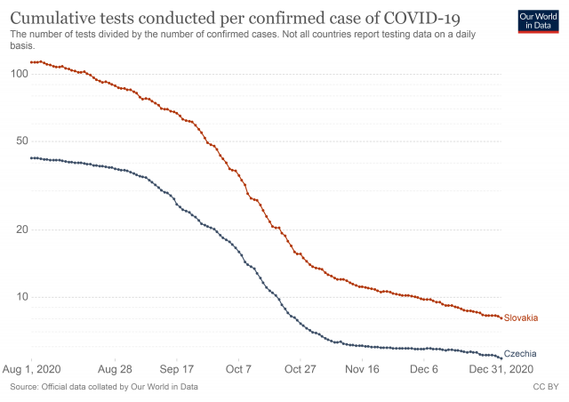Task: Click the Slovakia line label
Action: (521, 318)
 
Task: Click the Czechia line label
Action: (520, 354)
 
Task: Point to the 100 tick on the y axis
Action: (19, 73)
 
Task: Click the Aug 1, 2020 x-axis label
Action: (31, 368)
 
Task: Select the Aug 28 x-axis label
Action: (115, 368)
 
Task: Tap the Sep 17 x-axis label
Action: (177, 368)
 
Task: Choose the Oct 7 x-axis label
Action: (239, 368)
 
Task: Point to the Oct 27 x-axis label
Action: (301, 368)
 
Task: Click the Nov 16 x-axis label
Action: (362, 368)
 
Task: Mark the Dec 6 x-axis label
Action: (423, 368)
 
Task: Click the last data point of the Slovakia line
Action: (501, 318)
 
